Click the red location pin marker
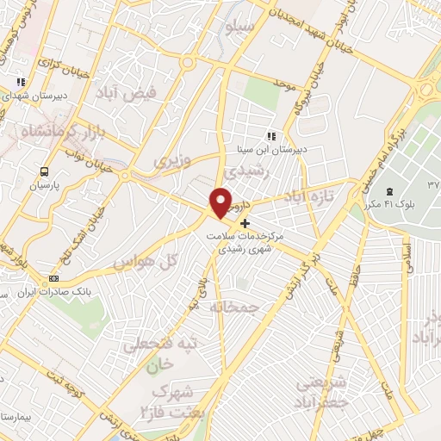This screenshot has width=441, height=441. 221,202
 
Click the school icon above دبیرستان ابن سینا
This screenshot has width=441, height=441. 272,136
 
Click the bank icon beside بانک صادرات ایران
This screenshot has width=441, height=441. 54,278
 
